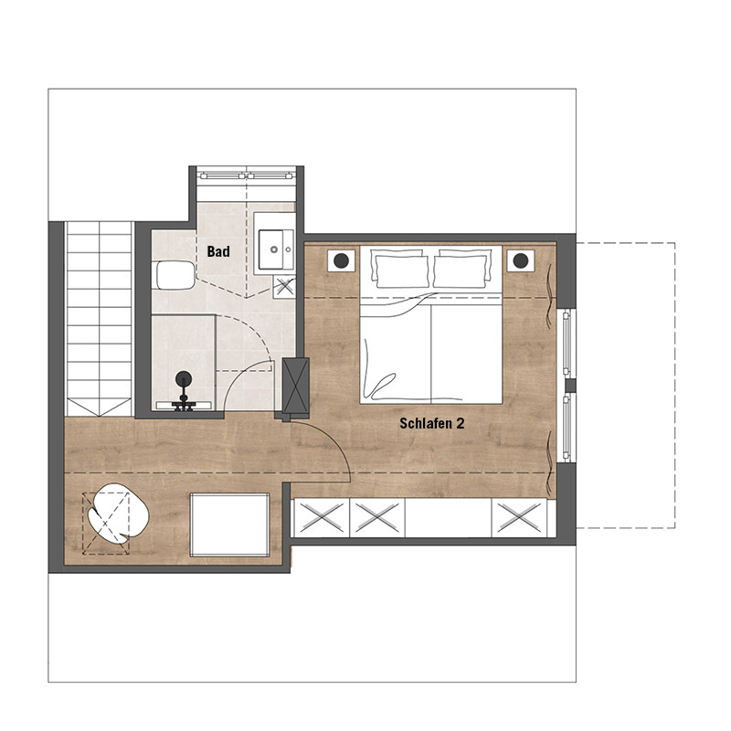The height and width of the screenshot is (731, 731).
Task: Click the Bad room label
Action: (218, 252)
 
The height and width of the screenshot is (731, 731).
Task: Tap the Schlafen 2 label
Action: (431, 423)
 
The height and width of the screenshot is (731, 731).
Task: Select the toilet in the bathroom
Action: (174, 276)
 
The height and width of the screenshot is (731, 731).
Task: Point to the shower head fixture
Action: (184, 378)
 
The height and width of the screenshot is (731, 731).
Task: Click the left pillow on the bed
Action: (399, 269)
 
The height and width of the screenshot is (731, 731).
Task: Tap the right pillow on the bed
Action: (462, 269)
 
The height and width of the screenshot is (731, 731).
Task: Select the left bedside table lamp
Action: (341, 260)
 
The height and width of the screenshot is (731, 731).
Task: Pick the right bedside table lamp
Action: (521, 260)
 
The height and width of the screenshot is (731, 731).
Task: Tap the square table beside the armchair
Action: (229, 524)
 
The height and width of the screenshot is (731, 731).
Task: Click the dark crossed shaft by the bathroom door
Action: (295, 385)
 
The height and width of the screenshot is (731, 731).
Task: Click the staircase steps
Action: (99, 319)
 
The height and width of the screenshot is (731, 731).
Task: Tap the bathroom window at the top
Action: (246, 175)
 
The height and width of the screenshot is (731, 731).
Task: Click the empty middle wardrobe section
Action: (448, 517)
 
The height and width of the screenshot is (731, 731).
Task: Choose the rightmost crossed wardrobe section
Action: (519, 517)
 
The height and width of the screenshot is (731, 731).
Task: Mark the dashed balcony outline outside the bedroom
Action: (674, 385)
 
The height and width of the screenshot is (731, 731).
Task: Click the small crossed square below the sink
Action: (284, 287)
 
